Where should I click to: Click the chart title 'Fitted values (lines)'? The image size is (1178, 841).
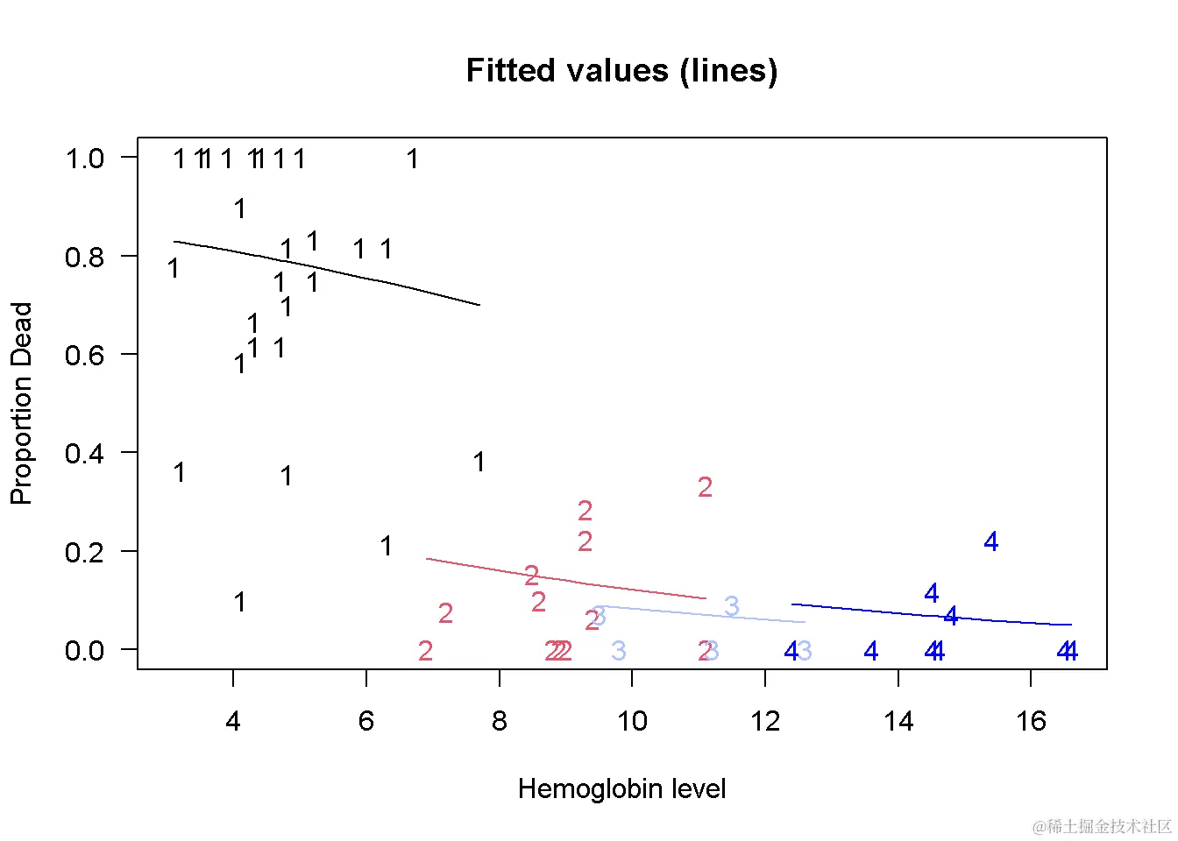pyautogui.click(x=621, y=71)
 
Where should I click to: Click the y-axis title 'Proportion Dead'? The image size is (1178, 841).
pyautogui.click(x=21, y=403)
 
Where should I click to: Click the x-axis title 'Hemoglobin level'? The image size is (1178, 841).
pyautogui.click(x=621, y=789)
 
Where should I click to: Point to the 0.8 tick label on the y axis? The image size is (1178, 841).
pyautogui.click(x=84, y=258)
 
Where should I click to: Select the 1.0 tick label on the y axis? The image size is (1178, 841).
pyautogui.click(x=84, y=159)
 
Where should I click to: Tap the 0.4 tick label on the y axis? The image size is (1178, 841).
pyautogui.click(x=84, y=454)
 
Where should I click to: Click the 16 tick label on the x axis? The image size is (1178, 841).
pyautogui.click(x=1031, y=722)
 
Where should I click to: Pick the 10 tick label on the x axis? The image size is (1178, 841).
pyautogui.click(x=632, y=722)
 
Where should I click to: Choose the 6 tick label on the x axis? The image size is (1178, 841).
pyautogui.click(x=366, y=722)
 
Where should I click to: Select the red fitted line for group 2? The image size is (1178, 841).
pyautogui.click(x=561, y=579)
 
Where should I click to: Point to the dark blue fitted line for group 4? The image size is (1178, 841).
pyautogui.click(x=929, y=615)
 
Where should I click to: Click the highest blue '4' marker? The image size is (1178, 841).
pyautogui.click(x=991, y=542)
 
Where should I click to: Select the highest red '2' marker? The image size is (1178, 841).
pyautogui.click(x=705, y=487)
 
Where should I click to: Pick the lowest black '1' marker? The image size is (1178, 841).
pyautogui.click(x=239, y=603)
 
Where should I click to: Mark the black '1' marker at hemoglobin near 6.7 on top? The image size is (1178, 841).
pyautogui.click(x=412, y=159)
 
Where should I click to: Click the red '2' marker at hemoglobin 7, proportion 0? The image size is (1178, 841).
pyautogui.click(x=425, y=651)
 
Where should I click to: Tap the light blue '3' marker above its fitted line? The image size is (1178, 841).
pyautogui.click(x=732, y=605)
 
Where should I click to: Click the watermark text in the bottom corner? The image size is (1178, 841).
pyautogui.click(x=1102, y=826)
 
